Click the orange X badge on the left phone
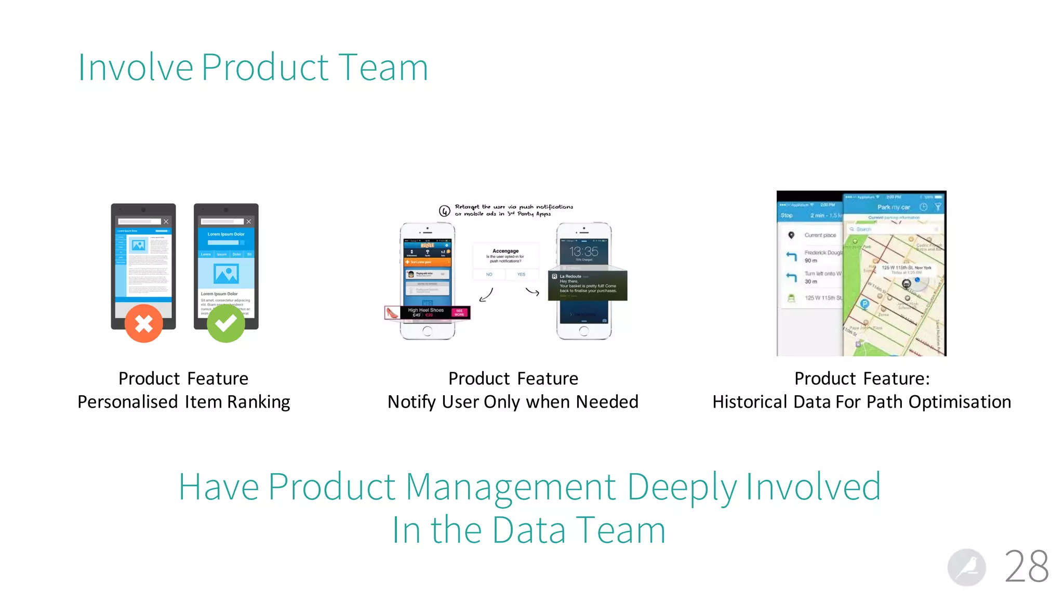click(x=143, y=323)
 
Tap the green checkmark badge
click(x=226, y=323)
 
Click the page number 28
click(x=1026, y=567)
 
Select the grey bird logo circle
click(x=966, y=567)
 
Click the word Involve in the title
click(x=135, y=68)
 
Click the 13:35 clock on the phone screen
click(x=583, y=252)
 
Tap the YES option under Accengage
click(x=521, y=275)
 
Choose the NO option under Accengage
click(x=489, y=275)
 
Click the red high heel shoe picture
click(x=392, y=312)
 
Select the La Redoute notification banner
click(x=588, y=285)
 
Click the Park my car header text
click(x=894, y=207)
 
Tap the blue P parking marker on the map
click(x=864, y=304)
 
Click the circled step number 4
click(x=444, y=211)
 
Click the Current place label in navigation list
click(x=820, y=236)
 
